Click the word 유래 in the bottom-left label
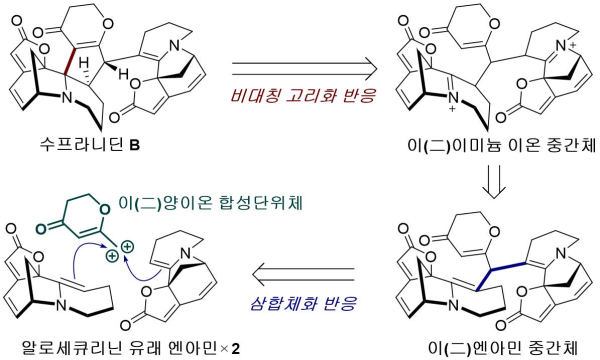140,347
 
